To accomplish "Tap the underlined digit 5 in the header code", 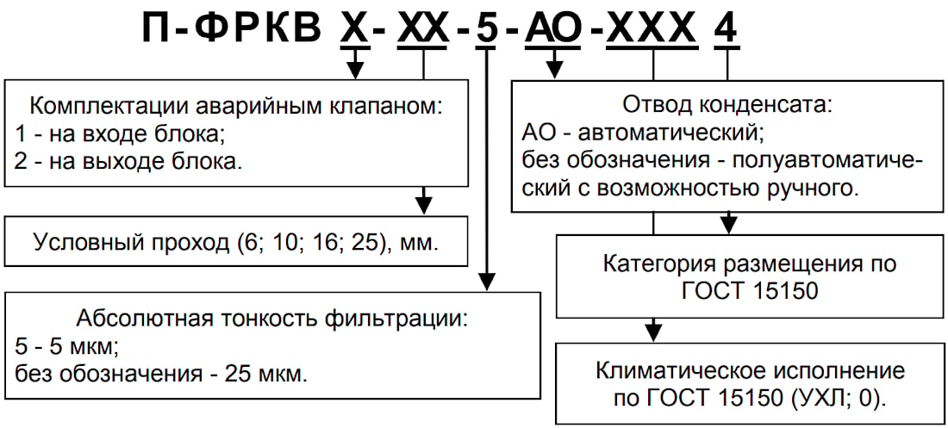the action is pyautogui.click(x=487, y=29).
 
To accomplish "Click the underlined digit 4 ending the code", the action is pyautogui.click(x=727, y=29).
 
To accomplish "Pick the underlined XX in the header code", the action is pyautogui.click(x=423, y=29).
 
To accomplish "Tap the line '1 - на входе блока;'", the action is pyautogui.click(x=119, y=134).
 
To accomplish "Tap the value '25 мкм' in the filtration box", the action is pyautogui.click(x=264, y=373).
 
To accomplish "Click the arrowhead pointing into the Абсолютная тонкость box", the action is pyautogui.click(x=487, y=282).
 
